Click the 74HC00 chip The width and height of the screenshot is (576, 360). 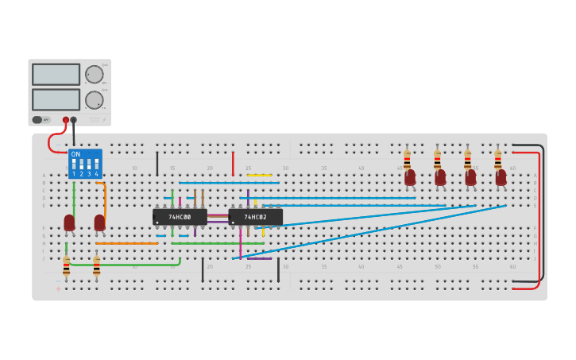(x=180, y=216)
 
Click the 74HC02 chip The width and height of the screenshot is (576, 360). (x=255, y=216)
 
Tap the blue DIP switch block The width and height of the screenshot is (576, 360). (x=85, y=164)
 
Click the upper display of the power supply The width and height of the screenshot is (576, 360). (x=56, y=75)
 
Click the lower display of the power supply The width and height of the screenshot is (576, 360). (x=56, y=99)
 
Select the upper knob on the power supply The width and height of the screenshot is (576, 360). (x=94, y=75)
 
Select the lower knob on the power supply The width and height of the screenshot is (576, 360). (x=94, y=100)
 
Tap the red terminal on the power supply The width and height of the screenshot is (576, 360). (x=66, y=120)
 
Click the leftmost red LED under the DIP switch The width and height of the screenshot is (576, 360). (x=69, y=223)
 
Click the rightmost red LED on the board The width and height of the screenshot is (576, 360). (x=501, y=176)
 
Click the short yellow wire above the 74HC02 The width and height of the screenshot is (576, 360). (x=259, y=176)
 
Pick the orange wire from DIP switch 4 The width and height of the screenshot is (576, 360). (x=104, y=203)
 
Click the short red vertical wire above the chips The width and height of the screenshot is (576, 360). (x=233, y=163)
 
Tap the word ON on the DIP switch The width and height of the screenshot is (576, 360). (x=75, y=154)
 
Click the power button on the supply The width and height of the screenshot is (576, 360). (x=37, y=120)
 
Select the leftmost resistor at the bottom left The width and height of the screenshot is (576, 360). (x=66, y=267)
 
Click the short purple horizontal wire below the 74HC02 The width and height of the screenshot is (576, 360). (x=259, y=258)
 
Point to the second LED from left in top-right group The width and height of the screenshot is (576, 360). (x=440, y=176)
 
